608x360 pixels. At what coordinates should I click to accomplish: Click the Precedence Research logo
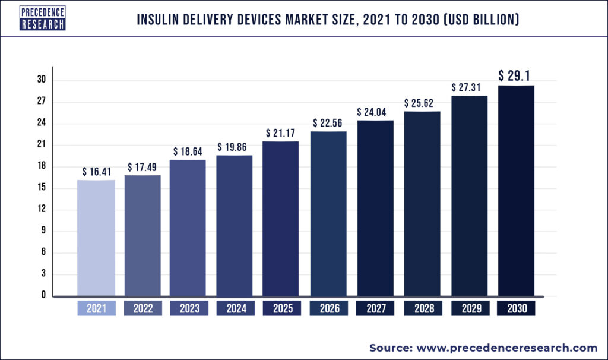coord(42,18)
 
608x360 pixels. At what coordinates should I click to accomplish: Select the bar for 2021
coord(96,238)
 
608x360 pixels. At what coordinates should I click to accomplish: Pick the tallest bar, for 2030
coord(516,190)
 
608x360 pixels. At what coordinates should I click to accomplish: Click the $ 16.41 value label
coord(97,172)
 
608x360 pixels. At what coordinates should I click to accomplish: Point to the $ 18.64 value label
coord(188,151)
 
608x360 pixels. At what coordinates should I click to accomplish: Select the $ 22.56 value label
coord(328,123)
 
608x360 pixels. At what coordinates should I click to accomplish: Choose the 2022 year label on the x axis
coord(142,309)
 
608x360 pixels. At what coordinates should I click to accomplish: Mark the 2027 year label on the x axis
coord(375,309)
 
